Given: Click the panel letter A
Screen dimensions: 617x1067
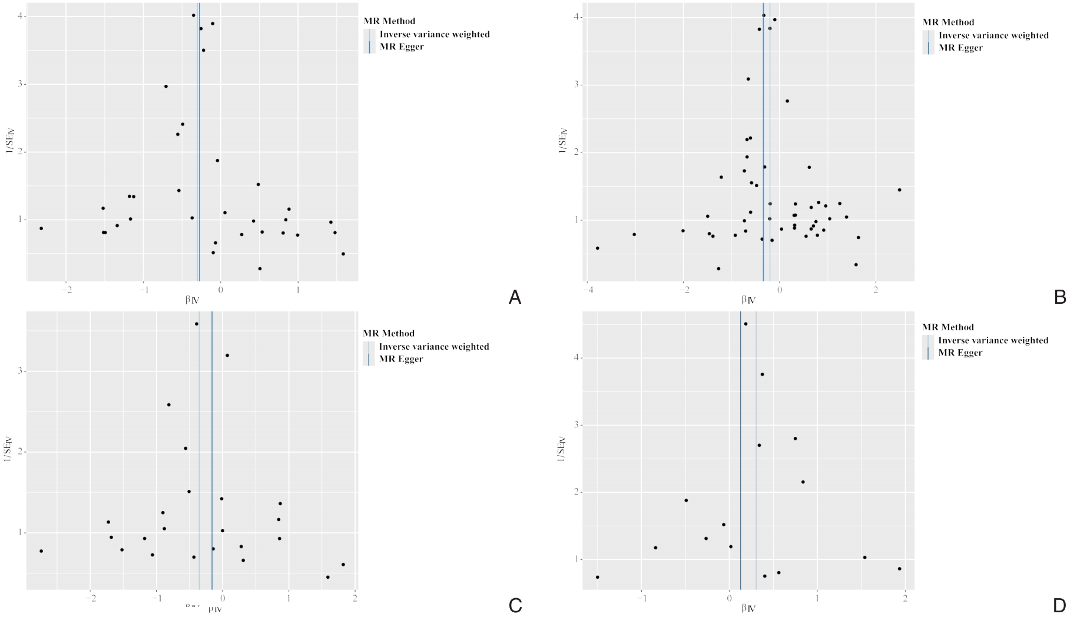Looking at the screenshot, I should coord(514,297).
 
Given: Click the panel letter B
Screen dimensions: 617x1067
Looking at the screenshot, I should coord(1060,297).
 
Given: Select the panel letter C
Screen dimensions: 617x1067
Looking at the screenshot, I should coord(515,605).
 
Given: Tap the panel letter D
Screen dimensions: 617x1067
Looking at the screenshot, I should coord(1059,605).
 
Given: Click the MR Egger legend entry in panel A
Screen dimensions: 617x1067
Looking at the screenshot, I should coord(402,47).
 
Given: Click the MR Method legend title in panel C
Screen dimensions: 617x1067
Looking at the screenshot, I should coord(389,333).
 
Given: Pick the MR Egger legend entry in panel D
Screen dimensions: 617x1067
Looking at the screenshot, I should coord(960,353).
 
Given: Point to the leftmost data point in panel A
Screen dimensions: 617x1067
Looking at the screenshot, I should coord(41,228).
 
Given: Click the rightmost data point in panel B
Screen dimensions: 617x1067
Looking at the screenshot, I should coord(899,190).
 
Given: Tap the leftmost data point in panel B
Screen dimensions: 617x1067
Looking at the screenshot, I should coord(597,248).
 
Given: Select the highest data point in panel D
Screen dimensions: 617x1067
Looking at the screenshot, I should coord(745,324).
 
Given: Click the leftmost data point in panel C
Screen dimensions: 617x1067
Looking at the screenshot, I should coord(41,551).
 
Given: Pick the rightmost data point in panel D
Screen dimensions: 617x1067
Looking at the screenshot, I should coord(899,569).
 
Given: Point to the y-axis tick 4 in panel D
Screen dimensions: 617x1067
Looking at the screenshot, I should coord(576,358).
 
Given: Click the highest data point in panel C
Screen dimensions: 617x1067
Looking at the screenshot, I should coord(197,324).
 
